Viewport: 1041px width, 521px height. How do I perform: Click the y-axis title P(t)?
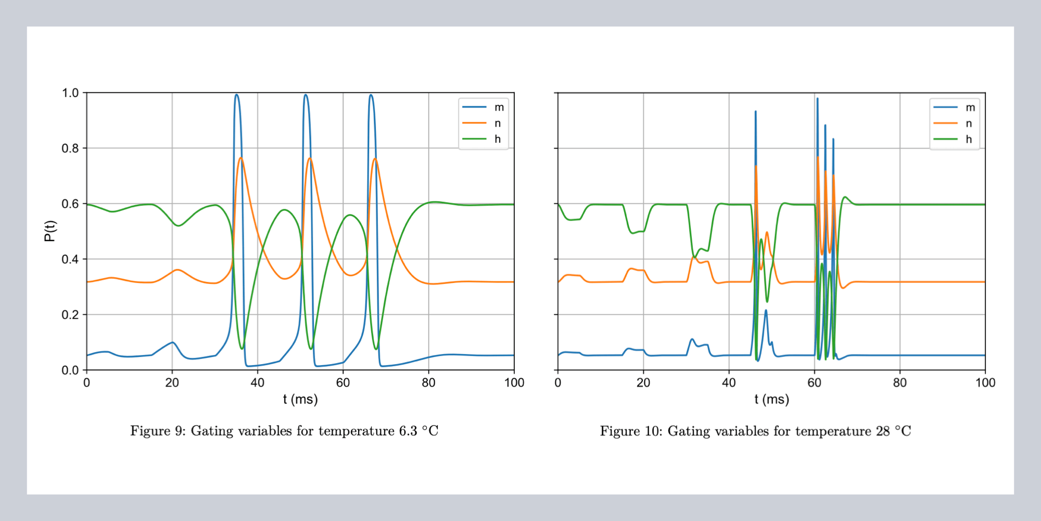click(x=49, y=231)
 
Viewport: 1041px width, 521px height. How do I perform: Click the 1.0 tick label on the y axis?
click(x=70, y=93)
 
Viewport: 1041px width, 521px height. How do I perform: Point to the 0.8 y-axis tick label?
click(x=70, y=148)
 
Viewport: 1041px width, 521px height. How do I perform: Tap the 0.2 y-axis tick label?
click(x=70, y=315)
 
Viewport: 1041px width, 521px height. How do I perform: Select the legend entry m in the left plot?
click(x=499, y=107)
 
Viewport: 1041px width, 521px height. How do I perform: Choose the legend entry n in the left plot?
click(x=498, y=123)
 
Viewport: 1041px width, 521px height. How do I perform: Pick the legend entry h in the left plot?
click(x=498, y=139)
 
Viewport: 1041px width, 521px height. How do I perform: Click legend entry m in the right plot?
click(x=970, y=107)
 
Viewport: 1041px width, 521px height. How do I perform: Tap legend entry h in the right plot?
click(x=969, y=139)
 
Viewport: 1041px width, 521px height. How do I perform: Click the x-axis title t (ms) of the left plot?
click(x=300, y=400)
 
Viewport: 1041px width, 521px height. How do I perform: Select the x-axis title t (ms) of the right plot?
click(x=771, y=400)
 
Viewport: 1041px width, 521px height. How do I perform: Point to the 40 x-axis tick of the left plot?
click(x=257, y=383)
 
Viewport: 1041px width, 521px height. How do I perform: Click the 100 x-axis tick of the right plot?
click(x=985, y=383)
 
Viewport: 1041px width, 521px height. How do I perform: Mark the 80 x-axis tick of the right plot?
click(x=899, y=383)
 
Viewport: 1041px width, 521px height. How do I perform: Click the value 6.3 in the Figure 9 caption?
click(x=408, y=431)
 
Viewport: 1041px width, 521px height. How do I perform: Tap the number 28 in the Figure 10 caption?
click(x=883, y=431)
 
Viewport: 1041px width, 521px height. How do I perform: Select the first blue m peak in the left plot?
click(x=236, y=95)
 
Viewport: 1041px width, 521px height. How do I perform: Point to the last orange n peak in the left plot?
click(x=375, y=159)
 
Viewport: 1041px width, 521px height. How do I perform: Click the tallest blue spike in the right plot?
click(x=817, y=98)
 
